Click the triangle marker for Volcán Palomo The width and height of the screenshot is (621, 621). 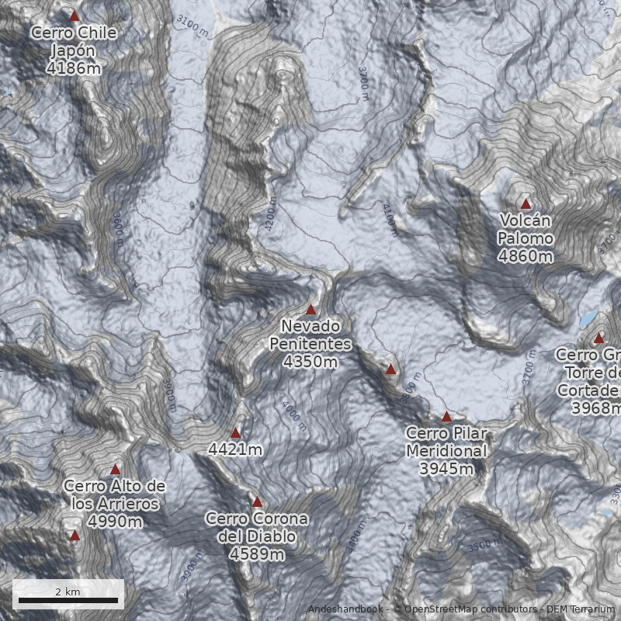526,204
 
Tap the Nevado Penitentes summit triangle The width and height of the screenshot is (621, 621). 311,310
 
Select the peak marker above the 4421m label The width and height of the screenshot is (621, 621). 236,432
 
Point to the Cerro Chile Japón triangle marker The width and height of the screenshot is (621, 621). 75,16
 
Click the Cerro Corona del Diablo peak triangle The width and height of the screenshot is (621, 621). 257,502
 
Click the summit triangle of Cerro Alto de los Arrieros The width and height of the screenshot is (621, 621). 116,469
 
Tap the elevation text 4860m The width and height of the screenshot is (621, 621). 526,255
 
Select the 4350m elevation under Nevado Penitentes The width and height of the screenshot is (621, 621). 310,362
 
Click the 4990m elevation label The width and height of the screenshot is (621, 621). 115,522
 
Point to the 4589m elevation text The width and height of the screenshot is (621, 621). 257,554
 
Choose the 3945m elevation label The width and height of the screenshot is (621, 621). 446,469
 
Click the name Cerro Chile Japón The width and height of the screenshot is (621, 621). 74,42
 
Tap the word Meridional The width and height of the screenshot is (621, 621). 446,451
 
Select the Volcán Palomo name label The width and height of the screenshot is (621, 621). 526,230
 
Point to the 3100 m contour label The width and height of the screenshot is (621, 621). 192,26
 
